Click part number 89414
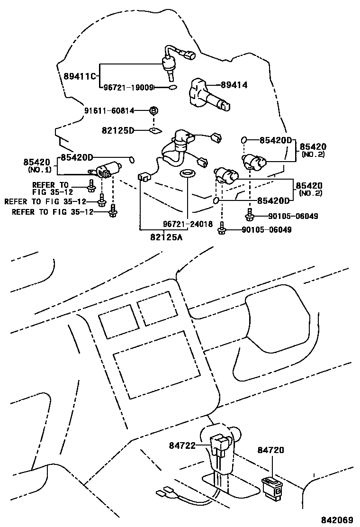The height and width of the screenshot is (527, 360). click(234, 85)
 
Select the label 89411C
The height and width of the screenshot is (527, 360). click(79, 76)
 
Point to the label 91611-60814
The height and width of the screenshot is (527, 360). click(109, 110)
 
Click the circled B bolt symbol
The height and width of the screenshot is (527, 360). click(153, 110)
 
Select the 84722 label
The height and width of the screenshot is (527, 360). click(182, 445)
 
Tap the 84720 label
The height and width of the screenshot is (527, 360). click(270, 450)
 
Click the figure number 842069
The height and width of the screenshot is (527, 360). click(337, 519)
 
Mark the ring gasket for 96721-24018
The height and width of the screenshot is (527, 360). click(186, 173)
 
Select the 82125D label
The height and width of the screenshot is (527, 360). click(117, 130)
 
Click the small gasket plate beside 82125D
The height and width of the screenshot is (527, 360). click(155, 130)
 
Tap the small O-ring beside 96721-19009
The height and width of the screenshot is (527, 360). click(172, 88)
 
